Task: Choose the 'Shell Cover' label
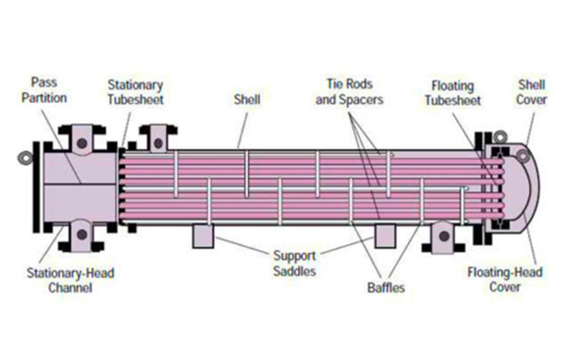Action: click(x=531, y=91)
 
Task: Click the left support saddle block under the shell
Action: click(x=203, y=237)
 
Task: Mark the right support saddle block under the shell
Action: click(x=384, y=237)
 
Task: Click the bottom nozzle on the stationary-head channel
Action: click(x=82, y=237)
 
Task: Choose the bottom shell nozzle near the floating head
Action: click(x=441, y=237)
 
